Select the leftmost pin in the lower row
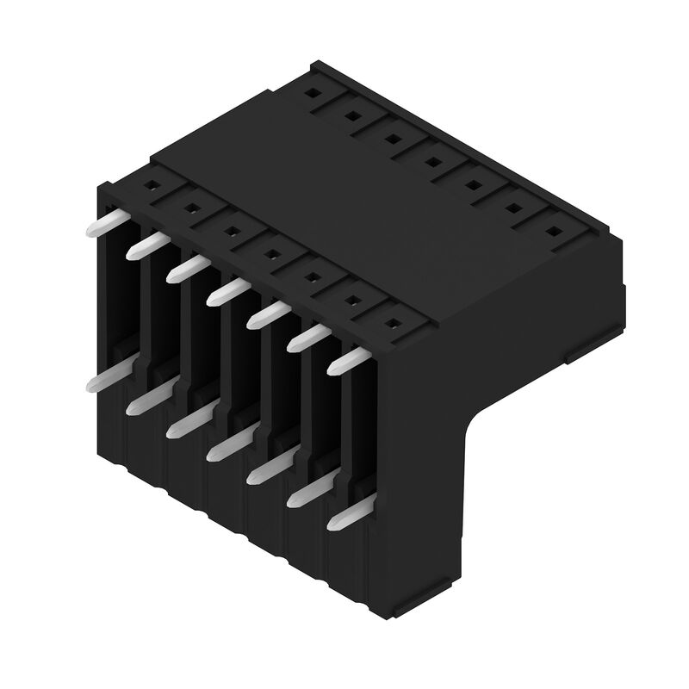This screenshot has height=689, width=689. [102, 380]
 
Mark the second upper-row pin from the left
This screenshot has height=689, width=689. [142, 248]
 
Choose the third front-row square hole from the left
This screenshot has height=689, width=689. [231, 231]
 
